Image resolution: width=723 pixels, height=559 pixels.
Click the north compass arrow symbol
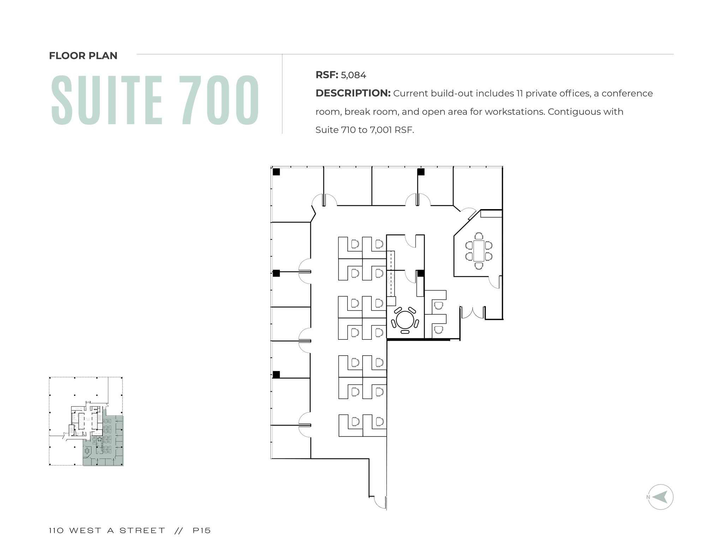coord(661,497)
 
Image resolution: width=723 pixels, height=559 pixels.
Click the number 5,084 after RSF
coord(353,75)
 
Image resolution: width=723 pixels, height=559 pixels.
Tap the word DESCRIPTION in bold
coord(353,93)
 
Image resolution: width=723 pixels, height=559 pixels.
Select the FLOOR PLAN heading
coord(83,56)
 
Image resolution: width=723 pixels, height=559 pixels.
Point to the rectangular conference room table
coord(479,251)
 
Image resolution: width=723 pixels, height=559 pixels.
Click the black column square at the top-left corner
coord(276,172)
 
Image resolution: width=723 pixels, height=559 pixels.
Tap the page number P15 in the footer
coord(202,530)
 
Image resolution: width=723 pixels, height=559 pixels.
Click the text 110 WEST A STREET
coord(107,530)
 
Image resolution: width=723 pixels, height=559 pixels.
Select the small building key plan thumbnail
coord(86,421)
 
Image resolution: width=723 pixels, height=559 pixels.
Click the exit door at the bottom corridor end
coord(380,502)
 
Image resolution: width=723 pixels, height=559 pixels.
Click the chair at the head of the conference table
coord(479,236)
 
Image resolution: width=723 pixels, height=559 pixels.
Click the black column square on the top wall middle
coord(421,172)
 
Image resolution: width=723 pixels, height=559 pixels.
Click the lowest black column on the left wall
coord(276,374)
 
